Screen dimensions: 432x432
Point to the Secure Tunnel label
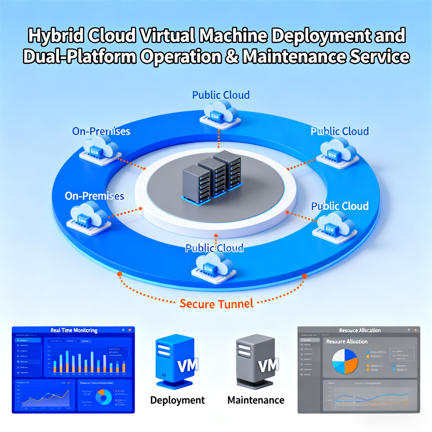[x=216, y=303]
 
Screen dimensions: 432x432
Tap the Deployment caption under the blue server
[x=177, y=400]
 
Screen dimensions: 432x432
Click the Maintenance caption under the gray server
[x=256, y=400]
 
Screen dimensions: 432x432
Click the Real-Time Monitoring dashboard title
[x=74, y=330]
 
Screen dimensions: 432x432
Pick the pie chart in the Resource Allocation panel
[x=345, y=361]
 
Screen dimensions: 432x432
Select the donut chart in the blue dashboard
[x=104, y=396]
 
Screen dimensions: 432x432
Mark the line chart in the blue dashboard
[x=44, y=397]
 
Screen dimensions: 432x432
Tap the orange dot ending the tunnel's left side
[x=119, y=274]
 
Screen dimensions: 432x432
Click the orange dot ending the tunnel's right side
[x=304, y=276]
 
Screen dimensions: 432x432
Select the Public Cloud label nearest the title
[x=220, y=95]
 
